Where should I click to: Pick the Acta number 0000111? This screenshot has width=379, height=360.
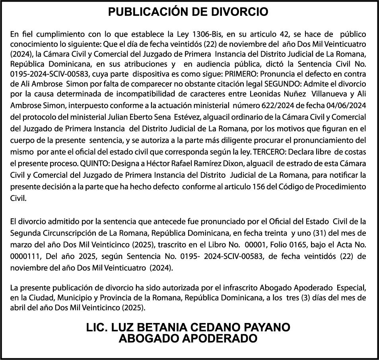click(25, 257)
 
